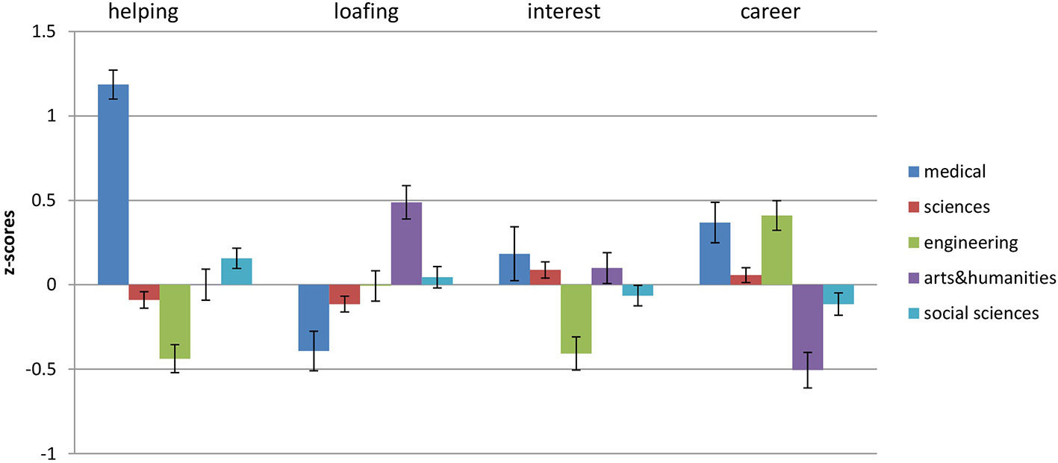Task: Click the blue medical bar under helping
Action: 113,184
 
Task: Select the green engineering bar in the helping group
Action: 175,321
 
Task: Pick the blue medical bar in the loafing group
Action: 314,317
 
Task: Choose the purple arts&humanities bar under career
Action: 807,327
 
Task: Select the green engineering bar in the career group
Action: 777,250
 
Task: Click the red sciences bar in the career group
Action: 746,280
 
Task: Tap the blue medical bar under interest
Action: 514,270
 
